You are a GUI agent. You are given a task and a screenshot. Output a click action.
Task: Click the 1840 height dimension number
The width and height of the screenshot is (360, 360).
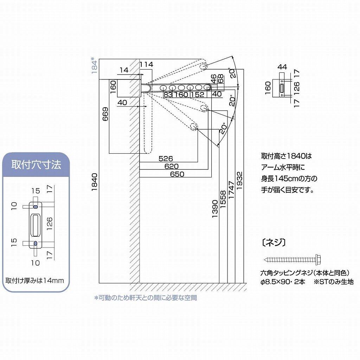tap(95, 182)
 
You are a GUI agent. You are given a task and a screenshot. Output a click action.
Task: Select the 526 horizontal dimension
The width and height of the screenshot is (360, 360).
tap(166, 159)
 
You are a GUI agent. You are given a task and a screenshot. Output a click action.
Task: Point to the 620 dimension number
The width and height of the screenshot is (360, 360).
tap(171, 166)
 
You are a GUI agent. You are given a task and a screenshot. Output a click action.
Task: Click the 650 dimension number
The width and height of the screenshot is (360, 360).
tap(177, 174)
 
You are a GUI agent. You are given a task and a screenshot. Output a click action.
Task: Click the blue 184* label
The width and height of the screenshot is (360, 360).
tap(94, 65)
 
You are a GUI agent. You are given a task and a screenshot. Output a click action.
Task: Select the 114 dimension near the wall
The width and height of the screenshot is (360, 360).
tap(146, 64)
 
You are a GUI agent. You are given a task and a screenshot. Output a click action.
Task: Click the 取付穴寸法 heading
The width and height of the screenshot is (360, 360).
tap(36, 164)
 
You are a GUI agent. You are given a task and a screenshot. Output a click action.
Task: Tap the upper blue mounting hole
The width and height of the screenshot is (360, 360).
tap(36, 204)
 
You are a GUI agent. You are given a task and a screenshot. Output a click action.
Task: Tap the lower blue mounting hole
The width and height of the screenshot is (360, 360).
tap(36, 243)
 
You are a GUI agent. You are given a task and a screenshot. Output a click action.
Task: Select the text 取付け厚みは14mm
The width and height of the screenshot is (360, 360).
tap(34, 281)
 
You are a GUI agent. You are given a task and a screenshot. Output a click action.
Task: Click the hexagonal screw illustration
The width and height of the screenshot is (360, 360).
tap(292, 259)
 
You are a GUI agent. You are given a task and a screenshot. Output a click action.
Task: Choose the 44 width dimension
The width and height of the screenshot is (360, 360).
tap(282, 67)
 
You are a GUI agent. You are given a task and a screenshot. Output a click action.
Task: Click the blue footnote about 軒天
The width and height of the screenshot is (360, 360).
tap(145, 298)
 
